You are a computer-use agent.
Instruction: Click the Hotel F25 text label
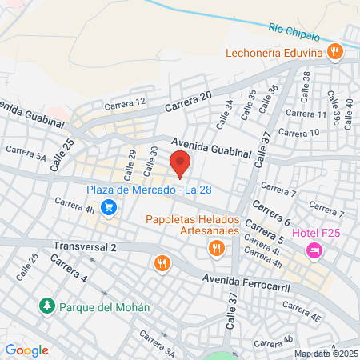pos(316,233)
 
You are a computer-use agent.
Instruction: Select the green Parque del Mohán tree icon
pos(47,306)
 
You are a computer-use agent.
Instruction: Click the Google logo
pos(26,350)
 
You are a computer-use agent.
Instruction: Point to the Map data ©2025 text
pos(326,354)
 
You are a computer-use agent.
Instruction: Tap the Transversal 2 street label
pos(86,247)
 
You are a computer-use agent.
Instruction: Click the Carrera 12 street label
pos(125,102)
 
